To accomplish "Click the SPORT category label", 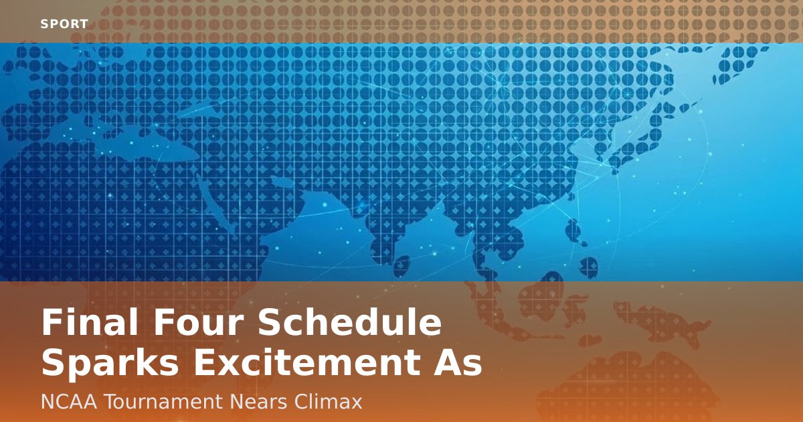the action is (64, 24).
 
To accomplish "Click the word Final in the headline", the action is (90, 322).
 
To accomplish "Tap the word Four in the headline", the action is (198, 322).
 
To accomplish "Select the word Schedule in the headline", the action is (350, 322).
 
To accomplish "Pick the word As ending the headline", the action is (458, 363).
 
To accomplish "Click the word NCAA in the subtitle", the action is (69, 402).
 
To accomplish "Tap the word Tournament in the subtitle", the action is (164, 402).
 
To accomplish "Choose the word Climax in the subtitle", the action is (328, 402).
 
